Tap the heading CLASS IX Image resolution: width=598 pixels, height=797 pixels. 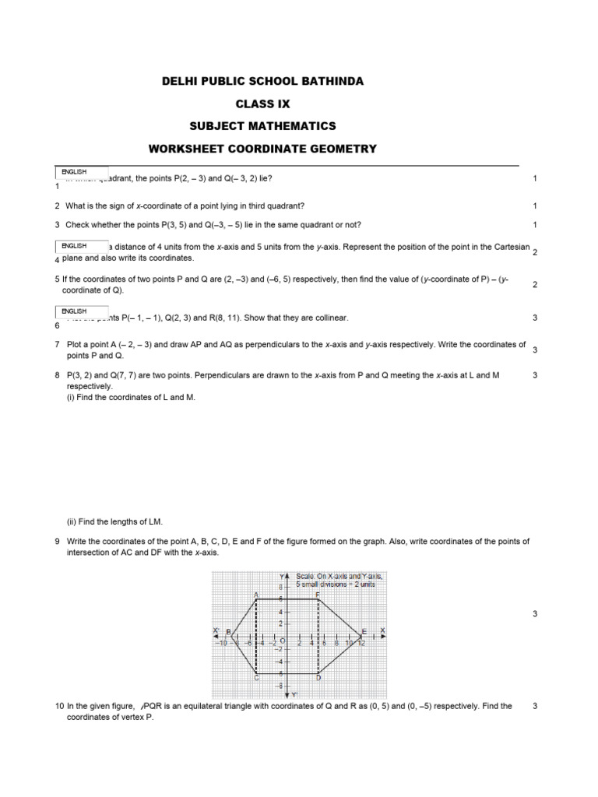tap(262, 103)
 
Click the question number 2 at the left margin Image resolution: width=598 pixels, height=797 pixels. tap(58, 205)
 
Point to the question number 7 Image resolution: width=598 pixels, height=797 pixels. tap(58, 345)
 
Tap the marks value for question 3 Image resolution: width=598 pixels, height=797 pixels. tap(535, 225)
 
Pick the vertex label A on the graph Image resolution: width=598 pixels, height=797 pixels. tap(256, 595)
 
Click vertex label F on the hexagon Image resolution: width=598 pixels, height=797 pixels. tap(318, 594)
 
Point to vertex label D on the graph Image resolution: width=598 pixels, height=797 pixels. tap(318, 679)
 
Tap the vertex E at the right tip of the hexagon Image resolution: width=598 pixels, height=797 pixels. tap(364, 630)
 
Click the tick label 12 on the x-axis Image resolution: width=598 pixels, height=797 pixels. tap(361, 643)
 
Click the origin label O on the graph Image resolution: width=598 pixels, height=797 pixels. tap(283, 642)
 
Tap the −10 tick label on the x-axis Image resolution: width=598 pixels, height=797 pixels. tap(222, 643)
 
